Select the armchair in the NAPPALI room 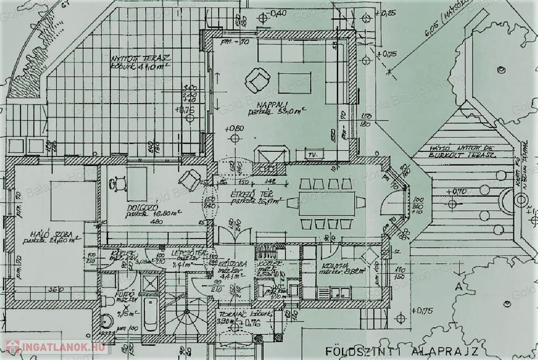[258, 80]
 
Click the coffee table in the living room [294, 83]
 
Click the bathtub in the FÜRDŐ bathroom [150, 313]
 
